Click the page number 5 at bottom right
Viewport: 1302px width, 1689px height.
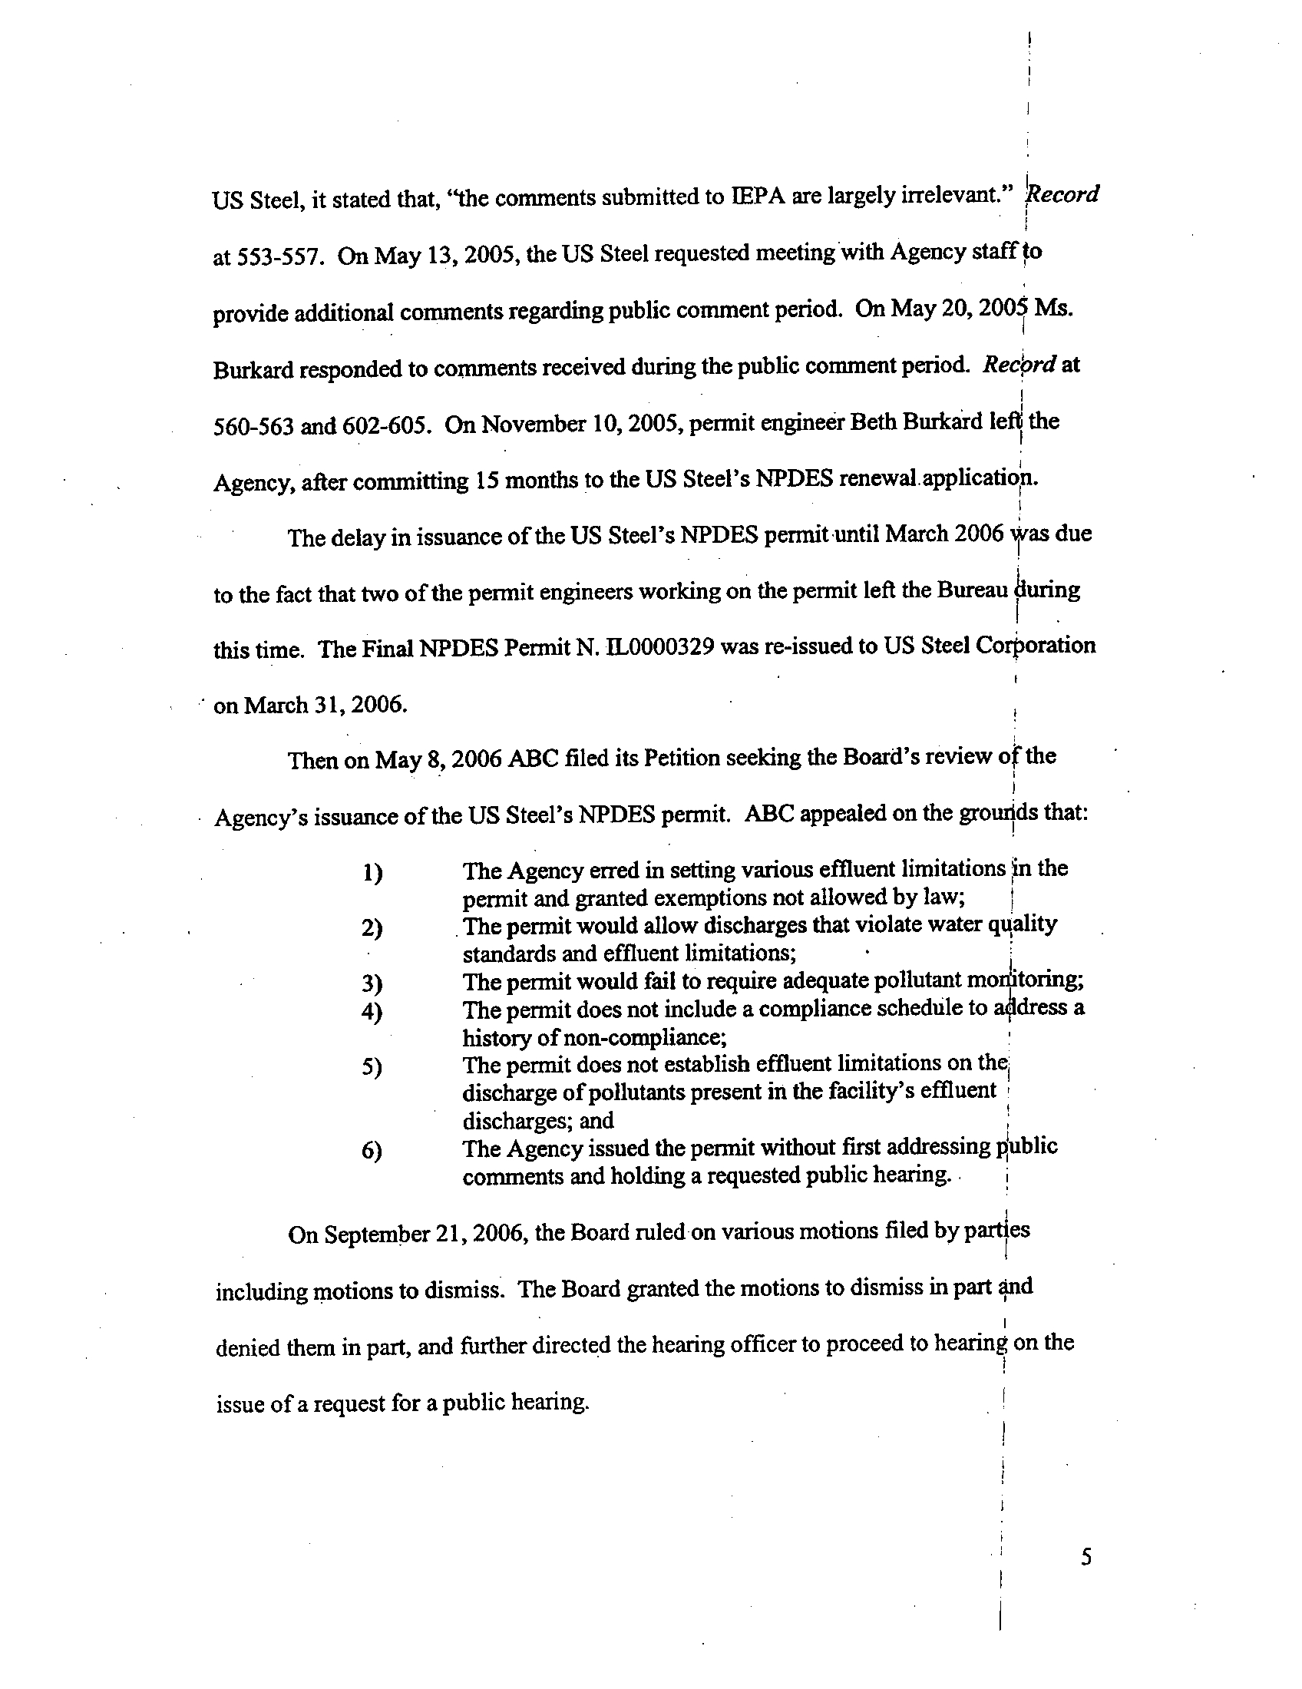pyautogui.click(x=1086, y=1557)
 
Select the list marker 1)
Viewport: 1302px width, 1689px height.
pyautogui.click(x=372, y=873)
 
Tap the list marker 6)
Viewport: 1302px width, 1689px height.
pyautogui.click(x=372, y=1152)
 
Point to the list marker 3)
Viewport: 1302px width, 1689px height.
pyautogui.click(x=372, y=983)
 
